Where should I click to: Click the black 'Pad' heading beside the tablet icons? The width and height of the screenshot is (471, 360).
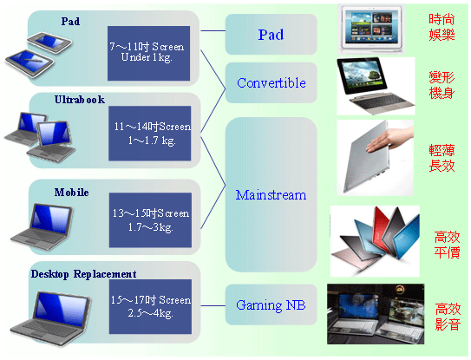pos(70,22)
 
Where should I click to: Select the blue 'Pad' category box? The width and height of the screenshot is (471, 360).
pos(271,34)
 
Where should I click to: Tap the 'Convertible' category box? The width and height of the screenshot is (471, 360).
pos(271,82)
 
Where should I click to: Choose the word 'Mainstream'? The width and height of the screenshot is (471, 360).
pos(271,195)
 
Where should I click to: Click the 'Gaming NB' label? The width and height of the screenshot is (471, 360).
pos(271,305)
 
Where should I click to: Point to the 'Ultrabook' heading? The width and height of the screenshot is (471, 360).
pos(80,100)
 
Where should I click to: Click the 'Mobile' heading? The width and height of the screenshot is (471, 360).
pos(71,193)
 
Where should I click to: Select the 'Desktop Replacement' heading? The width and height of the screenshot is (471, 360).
pos(83,274)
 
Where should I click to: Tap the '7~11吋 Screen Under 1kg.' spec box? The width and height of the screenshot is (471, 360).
pos(148,53)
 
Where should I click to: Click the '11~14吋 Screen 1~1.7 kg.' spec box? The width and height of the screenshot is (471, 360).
pos(149,133)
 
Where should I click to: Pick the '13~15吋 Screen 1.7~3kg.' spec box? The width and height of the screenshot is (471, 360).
pos(150,220)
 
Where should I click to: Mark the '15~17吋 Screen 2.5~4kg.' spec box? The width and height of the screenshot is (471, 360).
pos(150,306)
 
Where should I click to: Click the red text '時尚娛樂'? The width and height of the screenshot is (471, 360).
pos(442,27)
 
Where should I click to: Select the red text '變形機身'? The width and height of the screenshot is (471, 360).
pos(442,85)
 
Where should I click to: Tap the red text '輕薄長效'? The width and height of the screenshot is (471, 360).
pos(442,158)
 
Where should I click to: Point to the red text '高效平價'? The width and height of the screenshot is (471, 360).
pos(447,245)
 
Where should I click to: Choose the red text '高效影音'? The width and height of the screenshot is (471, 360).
pos(448,317)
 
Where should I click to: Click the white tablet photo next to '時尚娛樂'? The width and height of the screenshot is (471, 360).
pos(371,29)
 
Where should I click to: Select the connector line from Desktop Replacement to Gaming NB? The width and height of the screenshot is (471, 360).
pos(213,306)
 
